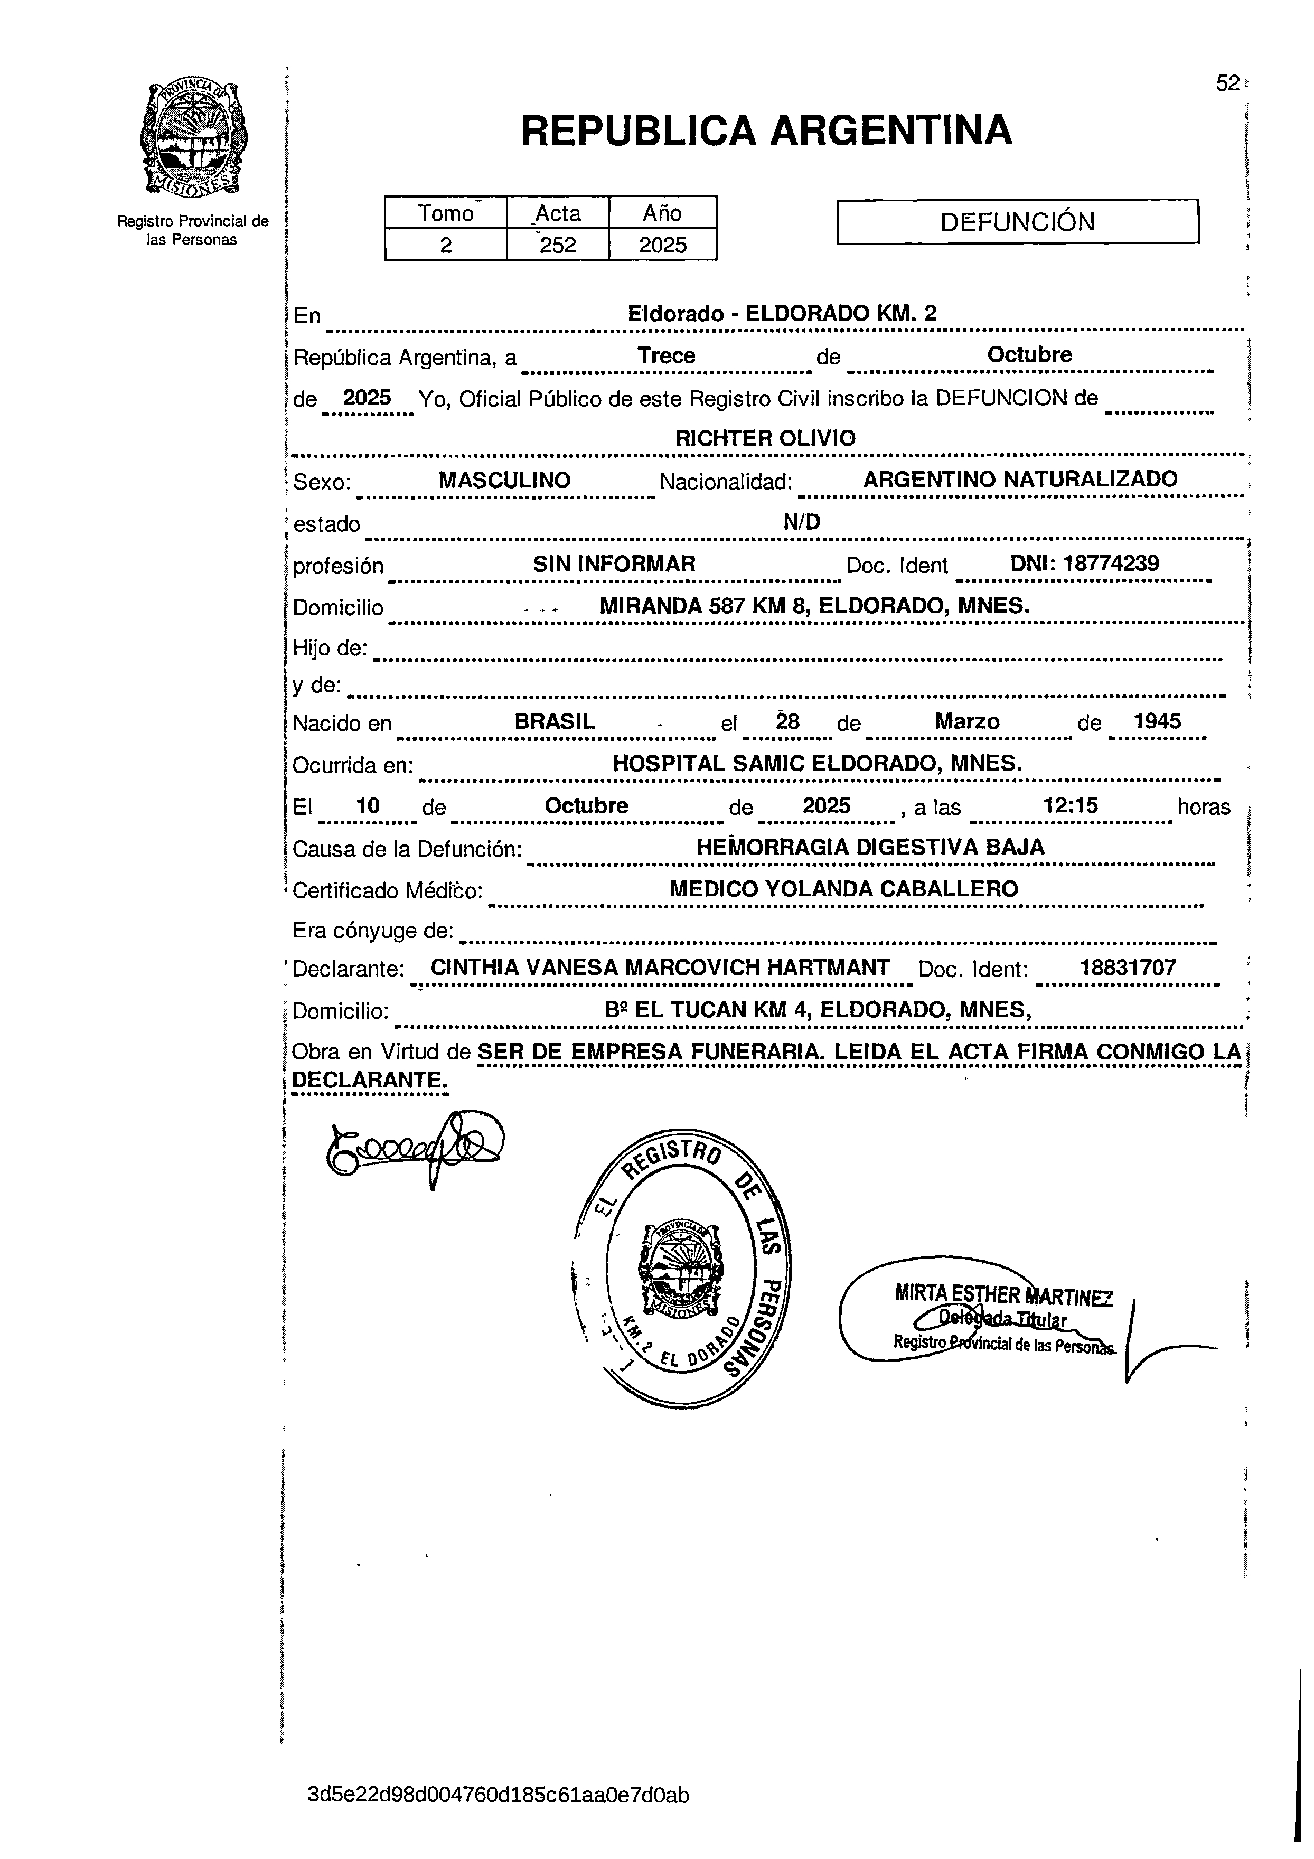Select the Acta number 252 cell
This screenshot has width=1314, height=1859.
pyautogui.click(x=558, y=245)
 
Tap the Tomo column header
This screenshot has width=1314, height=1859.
pyautogui.click(x=445, y=213)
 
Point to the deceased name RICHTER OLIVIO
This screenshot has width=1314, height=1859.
pyautogui.click(x=765, y=438)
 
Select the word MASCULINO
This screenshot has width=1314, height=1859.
pyautogui.click(x=504, y=480)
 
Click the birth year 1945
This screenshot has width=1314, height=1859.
pyautogui.click(x=1157, y=721)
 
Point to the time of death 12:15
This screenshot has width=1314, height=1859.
pyautogui.click(x=1071, y=805)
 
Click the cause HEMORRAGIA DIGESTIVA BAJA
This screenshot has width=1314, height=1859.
pyautogui.click(x=870, y=847)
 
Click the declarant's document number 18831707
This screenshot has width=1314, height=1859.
pyautogui.click(x=1128, y=968)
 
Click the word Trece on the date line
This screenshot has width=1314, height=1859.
pyautogui.click(x=667, y=355)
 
